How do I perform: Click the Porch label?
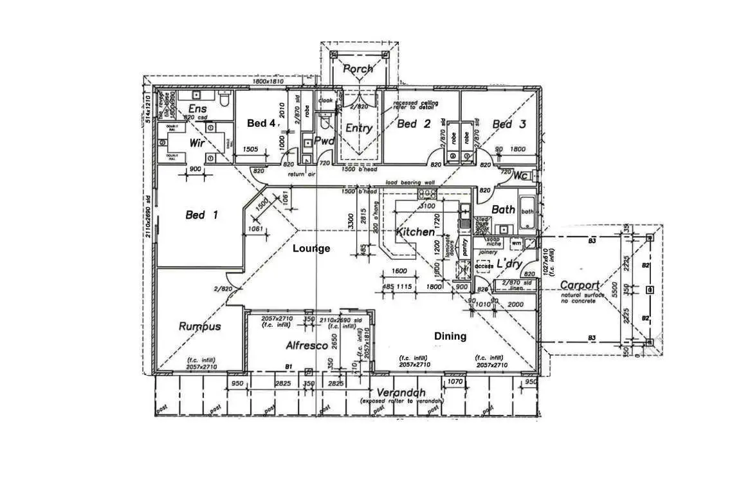(358, 69)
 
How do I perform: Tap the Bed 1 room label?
(201, 215)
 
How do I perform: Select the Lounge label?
(311, 248)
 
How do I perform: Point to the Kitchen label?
(415, 232)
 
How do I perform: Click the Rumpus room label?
(199, 326)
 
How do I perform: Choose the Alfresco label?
(307, 345)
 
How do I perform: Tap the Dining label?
(450, 336)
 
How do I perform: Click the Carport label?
(580, 285)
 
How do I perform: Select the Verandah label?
(401, 392)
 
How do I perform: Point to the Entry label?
(359, 128)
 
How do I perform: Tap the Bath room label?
(503, 209)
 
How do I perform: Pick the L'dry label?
(509, 264)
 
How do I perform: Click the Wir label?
(197, 143)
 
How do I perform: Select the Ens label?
(197, 109)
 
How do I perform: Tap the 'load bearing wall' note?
(410, 183)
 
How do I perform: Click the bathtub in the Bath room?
(527, 212)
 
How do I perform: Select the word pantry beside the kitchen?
(465, 248)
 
